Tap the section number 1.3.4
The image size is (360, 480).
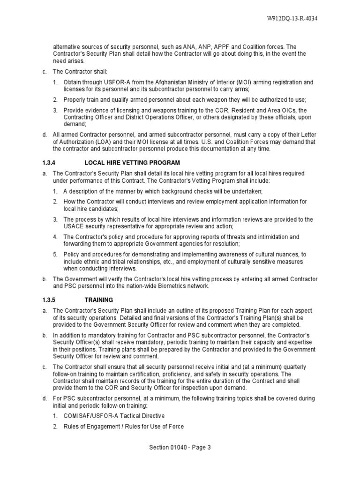pyautogui.click(x=49, y=163)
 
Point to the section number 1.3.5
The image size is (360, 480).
pyautogui.click(x=49, y=299)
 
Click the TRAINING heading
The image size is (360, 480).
pyautogui.click(x=99, y=299)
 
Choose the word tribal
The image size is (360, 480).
pyautogui.click(x=123, y=262)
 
